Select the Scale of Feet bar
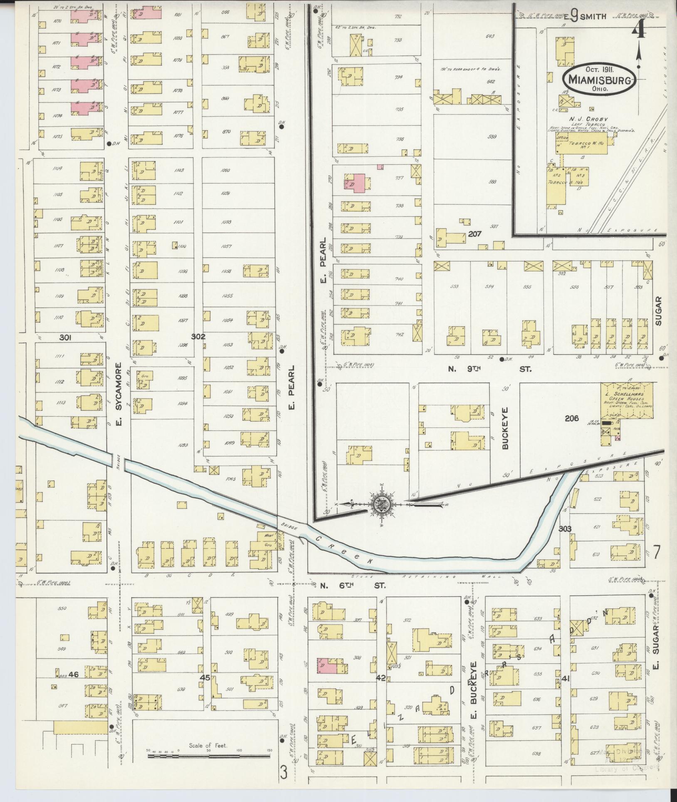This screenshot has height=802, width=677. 208,755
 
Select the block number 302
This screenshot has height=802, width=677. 198,336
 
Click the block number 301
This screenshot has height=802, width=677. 65,338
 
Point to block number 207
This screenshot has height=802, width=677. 474,234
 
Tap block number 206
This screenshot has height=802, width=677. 572,419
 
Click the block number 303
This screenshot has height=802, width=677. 565,529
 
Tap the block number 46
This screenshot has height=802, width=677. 74,674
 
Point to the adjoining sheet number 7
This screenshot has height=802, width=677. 656,553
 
